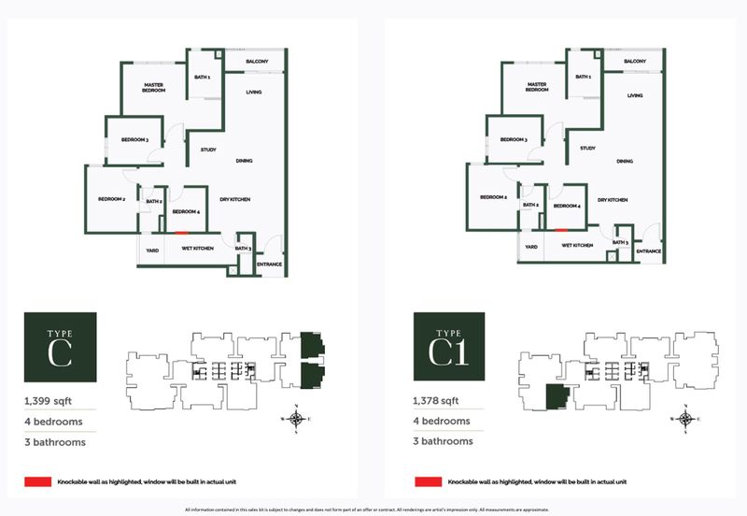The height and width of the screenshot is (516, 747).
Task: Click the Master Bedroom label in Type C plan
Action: (153, 88)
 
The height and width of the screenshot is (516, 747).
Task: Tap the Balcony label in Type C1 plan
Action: (635, 62)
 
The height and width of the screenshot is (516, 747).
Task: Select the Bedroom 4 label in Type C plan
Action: (188, 212)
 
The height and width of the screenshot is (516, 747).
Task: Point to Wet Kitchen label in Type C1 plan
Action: (576, 245)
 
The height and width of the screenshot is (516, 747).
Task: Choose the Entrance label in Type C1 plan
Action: (649, 251)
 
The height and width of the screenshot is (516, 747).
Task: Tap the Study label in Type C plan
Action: (208, 150)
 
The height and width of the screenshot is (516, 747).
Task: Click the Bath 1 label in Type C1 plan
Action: (584, 78)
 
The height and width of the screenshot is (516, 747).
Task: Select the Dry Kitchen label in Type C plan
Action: (234, 199)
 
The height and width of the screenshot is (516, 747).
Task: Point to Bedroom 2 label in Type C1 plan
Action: (493, 197)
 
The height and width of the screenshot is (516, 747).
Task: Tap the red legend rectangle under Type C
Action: (38, 481)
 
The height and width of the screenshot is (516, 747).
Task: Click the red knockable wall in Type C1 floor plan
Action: (561, 229)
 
